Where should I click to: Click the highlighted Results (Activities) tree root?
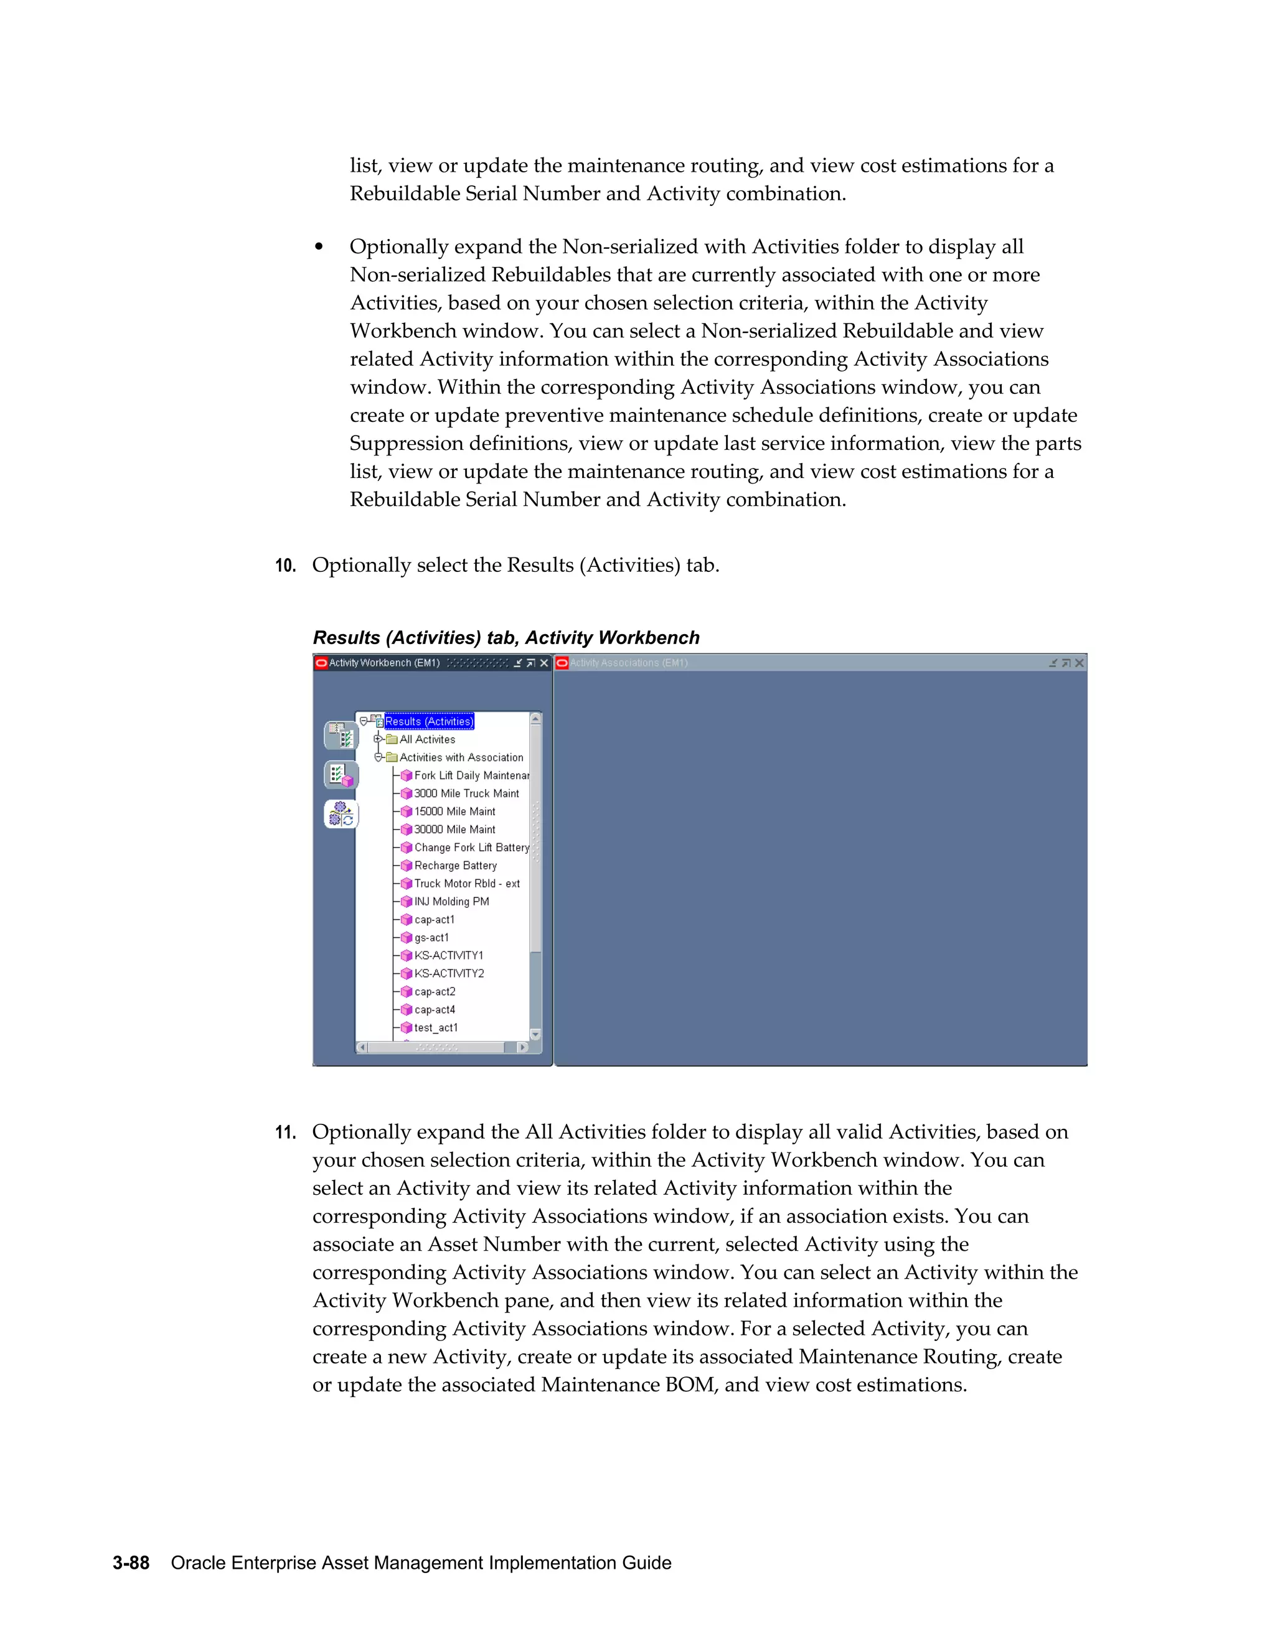pyautogui.click(x=429, y=721)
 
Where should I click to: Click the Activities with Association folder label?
pyautogui.click(x=461, y=757)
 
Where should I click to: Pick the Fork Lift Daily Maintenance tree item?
pyautogui.click(x=471, y=775)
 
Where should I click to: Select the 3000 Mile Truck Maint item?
pyautogui.click(x=466, y=793)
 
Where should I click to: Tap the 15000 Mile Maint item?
pyautogui.click(x=454, y=811)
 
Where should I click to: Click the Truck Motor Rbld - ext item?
pyautogui.click(x=466, y=884)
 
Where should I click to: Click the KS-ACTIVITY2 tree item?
pyautogui.click(x=449, y=973)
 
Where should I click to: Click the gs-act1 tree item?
pyautogui.click(x=431, y=938)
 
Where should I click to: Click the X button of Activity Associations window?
pyautogui.click(x=1080, y=663)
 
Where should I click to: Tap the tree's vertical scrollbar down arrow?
pyautogui.click(x=535, y=1034)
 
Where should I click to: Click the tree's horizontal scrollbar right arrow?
pyautogui.click(x=522, y=1047)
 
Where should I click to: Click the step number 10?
pyautogui.click(x=285, y=566)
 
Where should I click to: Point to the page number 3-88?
pyautogui.click(x=131, y=1563)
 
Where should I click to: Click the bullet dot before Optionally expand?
pyautogui.click(x=319, y=247)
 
